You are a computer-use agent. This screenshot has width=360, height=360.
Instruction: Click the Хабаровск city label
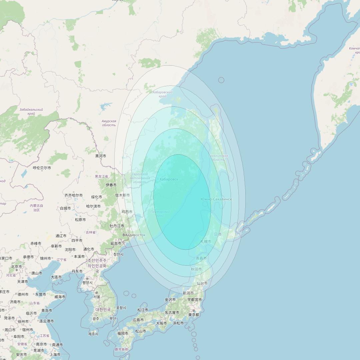click(x=169, y=179)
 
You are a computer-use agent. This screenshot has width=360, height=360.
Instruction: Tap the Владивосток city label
click(x=134, y=235)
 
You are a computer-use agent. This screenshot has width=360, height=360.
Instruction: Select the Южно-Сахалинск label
click(x=216, y=199)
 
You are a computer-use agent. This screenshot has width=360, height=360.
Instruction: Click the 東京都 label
click(x=193, y=315)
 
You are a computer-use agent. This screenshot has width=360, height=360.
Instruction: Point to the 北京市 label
click(x=16, y=267)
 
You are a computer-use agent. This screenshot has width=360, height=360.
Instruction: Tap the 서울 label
click(x=97, y=297)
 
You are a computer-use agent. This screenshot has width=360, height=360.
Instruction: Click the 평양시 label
click(x=87, y=283)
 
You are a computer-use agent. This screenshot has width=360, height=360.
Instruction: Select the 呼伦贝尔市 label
click(x=42, y=168)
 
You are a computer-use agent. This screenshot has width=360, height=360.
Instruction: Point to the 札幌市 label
click(x=206, y=241)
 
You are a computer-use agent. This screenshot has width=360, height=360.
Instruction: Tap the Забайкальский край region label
click(x=31, y=111)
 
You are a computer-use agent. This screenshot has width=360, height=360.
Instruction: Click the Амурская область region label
click(x=109, y=123)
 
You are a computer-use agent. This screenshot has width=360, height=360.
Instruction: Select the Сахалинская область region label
click(x=218, y=158)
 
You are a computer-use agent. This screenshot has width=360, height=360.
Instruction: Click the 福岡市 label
click(x=122, y=333)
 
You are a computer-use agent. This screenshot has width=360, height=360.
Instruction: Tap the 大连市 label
click(x=56, y=277)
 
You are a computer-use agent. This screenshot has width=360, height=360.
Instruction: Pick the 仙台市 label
click(x=202, y=283)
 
